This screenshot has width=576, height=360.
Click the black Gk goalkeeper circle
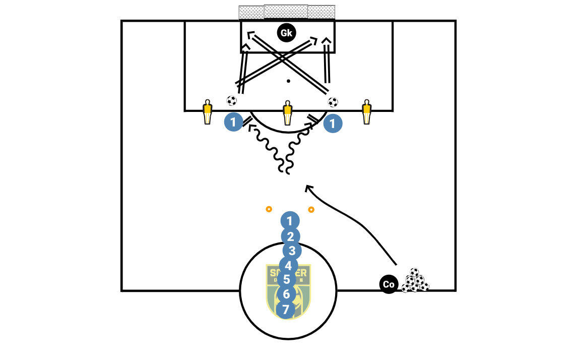click(x=286, y=33)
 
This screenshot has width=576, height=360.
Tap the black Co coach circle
click(x=389, y=284)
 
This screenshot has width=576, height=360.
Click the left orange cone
click(x=269, y=209)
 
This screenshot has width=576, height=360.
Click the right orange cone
click(x=311, y=209)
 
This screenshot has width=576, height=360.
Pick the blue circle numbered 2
click(x=290, y=236)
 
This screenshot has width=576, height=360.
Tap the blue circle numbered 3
click(x=292, y=251)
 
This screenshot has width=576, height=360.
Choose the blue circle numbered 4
click(x=288, y=265)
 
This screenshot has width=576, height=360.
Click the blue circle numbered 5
click(x=286, y=279)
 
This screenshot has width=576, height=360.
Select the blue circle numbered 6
click(x=286, y=293)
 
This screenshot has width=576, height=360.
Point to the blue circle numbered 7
click(x=286, y=310)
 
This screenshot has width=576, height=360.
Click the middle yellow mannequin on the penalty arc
click(x=287, y=112)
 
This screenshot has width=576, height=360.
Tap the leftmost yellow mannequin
click(x=207, y=112)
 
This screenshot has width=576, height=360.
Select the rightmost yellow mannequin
click(x=366, y=111)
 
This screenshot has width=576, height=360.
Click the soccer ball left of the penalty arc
click(x=231, y=101)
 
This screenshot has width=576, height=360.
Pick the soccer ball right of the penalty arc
click(x=333, y=102)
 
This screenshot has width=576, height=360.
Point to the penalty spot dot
click(x=288, y=81)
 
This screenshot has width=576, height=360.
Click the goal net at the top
click(x=287, y=12)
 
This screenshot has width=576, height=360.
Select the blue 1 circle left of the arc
click(x=233, y=123)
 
